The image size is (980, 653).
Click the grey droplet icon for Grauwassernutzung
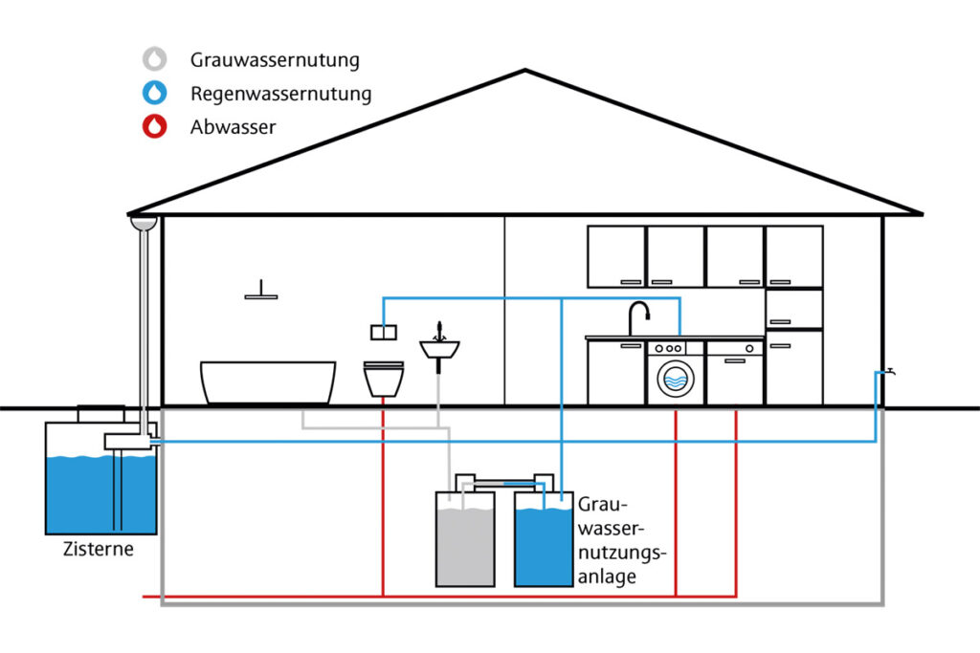tap(154, 59)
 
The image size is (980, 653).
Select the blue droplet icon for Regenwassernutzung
tap(154, 93)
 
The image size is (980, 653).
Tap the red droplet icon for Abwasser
tap(154, 126)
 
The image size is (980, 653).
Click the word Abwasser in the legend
tap(233, 126)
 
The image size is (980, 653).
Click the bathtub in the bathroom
tap(268, 381)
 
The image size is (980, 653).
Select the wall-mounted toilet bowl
tap(384, 379)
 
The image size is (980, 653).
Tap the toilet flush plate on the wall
tap(383, 333)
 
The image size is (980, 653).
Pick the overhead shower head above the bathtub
tap(260, 294)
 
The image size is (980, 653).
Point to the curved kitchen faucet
tap(637, 316)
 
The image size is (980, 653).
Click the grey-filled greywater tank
tap(465, 545)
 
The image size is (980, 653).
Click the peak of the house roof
tap(524, 72)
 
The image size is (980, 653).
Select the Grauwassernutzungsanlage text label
tap(620, 540)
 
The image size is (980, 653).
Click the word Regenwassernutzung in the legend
tap(280, 94)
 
